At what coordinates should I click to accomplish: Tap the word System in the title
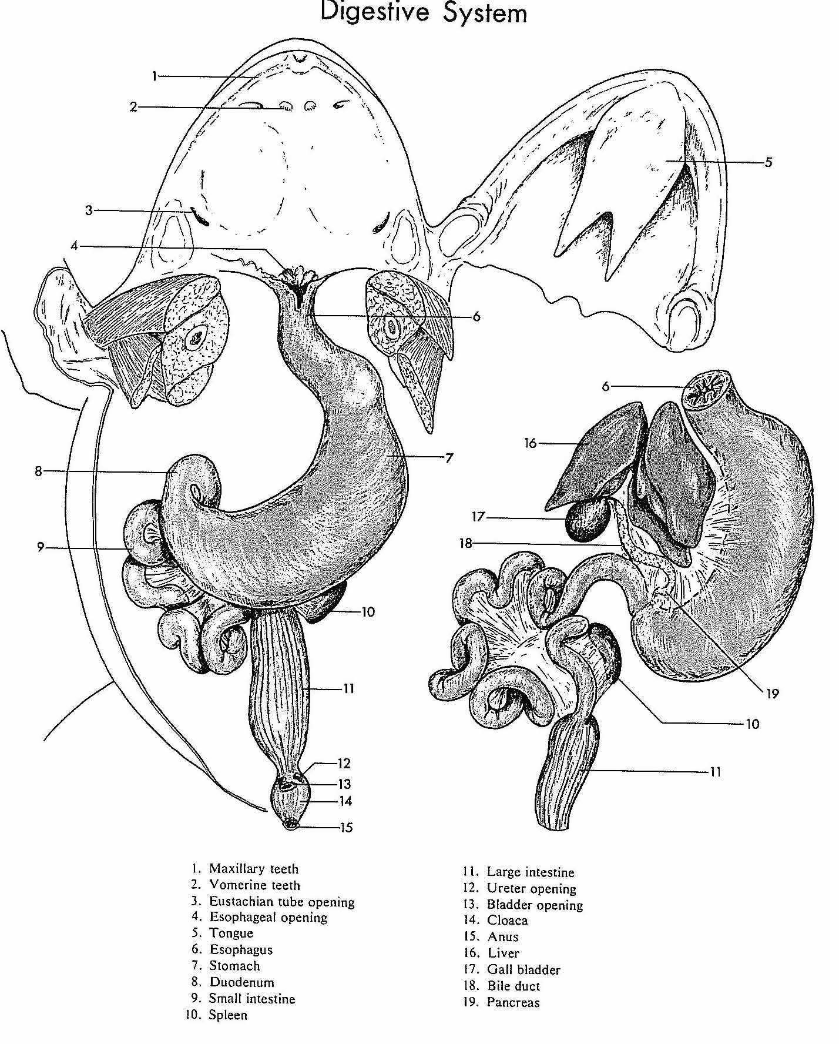pyautogui.click(x=485, y=13)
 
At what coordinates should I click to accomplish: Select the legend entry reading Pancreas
pyautogui.click(x=513, y=1002)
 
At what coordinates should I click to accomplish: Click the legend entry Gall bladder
pyautogui.click(x=523, y=970)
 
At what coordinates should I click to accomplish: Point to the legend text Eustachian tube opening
pyautogui.click(x=282, y=902)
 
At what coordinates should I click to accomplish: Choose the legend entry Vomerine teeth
pyautogui.click(x=254, y=885)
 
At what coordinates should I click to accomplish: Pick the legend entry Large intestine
pyautogui.click(x=531, y=872)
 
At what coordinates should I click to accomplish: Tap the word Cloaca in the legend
pyautogui.click(x=508, y=921)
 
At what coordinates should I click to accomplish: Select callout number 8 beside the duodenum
pyautogui.click(x=39, y=471)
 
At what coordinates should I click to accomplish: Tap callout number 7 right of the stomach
pyautogui.click(x=449, y=457)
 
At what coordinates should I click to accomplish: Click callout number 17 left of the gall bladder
pyautogui.click(x=478, y=517)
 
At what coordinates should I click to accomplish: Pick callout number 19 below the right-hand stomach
pyautogui.click(x=772, y=694)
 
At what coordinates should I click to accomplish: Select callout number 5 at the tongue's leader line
pyautogui.click(x=768, y=162)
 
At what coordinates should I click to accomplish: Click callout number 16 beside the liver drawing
pyautogui.click(x=531, y=443)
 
